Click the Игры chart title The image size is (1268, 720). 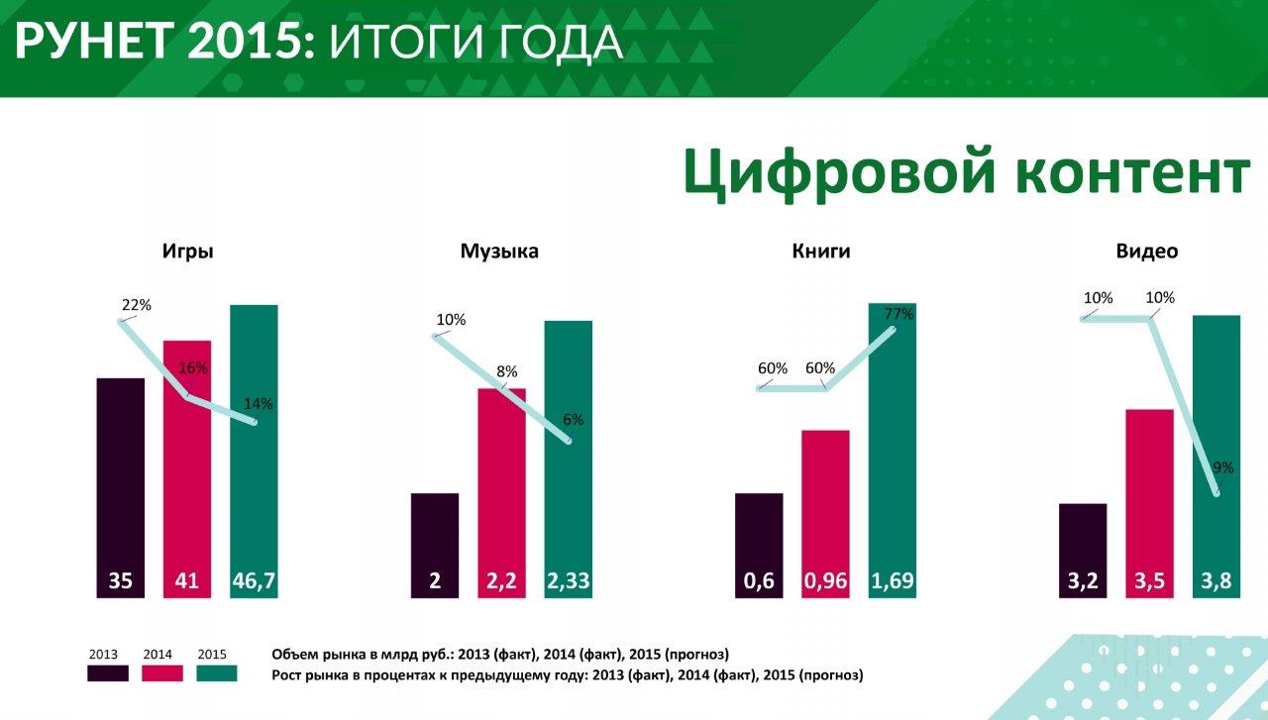(x=188, y=252)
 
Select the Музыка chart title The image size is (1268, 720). (x=499, y=252)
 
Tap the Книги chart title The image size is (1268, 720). (x=821, y=252)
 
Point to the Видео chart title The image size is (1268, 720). (x=1147, y=252)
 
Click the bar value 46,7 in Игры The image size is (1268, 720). (x=254, y=581)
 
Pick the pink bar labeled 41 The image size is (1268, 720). (x=187, y=465)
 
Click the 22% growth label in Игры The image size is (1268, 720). (x=137, y=305)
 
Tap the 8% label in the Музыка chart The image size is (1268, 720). (x=507, y=372)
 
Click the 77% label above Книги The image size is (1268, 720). (x=898, y=315)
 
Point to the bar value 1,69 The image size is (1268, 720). (x=892, y=581)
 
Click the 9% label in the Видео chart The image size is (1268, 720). (x=1222, y=467)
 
